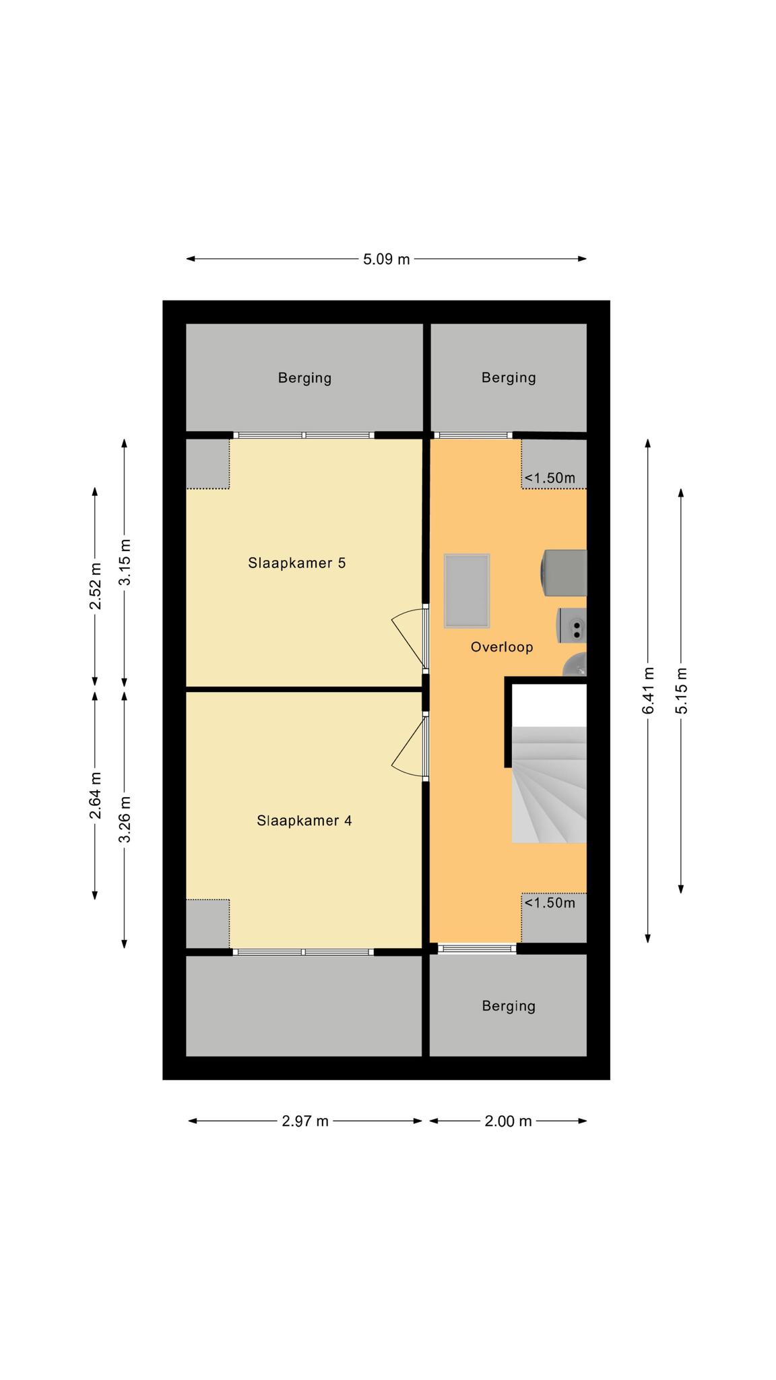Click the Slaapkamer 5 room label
click(x=296, y=563)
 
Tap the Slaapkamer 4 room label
click(x=304, y=821)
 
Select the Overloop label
click(x=502, y=647)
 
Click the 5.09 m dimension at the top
click(x=386, y=259)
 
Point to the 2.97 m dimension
click(x=305, y=1121)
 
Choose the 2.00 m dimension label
click(x=508, y=1121)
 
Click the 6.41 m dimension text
click(x=648, y=691)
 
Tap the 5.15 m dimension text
click(x=682, y=691)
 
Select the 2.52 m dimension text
click(x=96, y=586)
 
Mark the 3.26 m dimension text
click(x=125, y=819)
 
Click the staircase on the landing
click(x=549, y=784)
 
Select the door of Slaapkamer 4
click(x=410, y=747)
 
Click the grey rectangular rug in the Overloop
click(x=467, y=591)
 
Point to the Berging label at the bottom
click(x=509, y=1006)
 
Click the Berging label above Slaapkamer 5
click(x=304, y=378)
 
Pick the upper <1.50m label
click(x=550, y=478)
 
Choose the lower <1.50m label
click(x=550, y=903)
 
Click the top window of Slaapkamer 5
click(x=303, y=435)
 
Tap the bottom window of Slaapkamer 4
click(x=303, y=952)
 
